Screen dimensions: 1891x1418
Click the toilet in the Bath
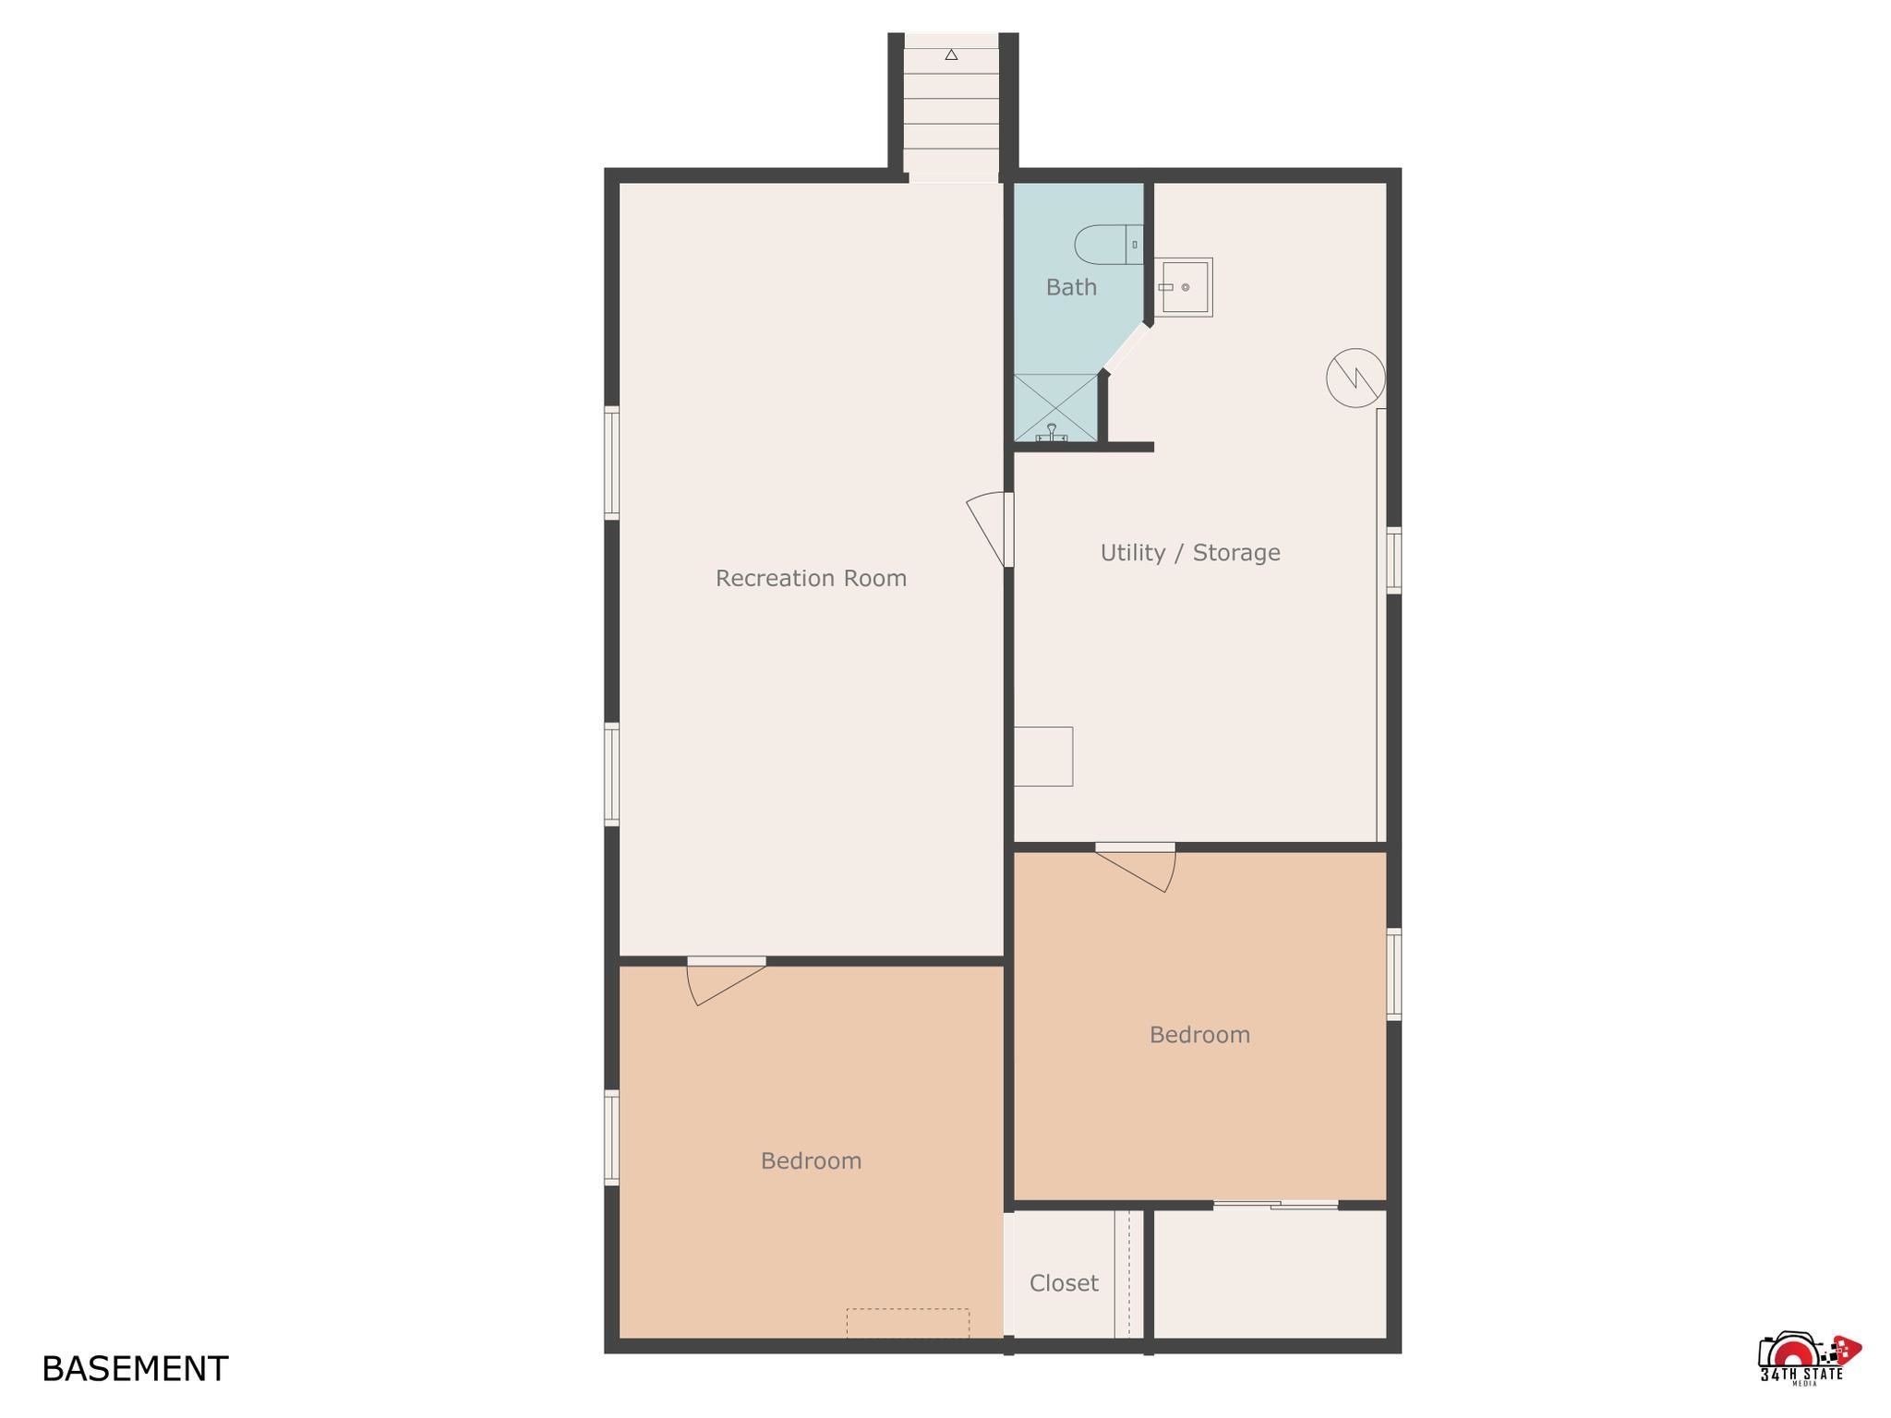pyautogui.click(x=1109, y=245)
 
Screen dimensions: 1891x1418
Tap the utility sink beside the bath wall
pyautogui.click(x=1183, y=287)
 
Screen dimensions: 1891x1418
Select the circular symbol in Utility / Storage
pyautogui.click(x=1355, y=378)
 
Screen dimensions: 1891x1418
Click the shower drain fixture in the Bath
pyautogui.click(x=1052, y=433)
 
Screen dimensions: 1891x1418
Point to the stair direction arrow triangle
pyautogui.click(x=951, y=55)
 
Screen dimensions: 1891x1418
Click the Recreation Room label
pyautogui.click(x=811, y=578)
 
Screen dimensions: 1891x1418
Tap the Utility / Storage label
pyautogui.click(x=1190, y=552)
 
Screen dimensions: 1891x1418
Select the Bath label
pyautogui.click(x=1071, y=287)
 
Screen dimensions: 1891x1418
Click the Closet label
pyautogui.click(x=1064, y=1282)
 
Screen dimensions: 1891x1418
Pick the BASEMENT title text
pyautogui.click(x=135, y=1368)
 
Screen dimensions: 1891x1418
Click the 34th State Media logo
pyautogui.click(x=1808, y=1358)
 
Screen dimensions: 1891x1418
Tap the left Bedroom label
pyautogui.click(x=811, y=1160)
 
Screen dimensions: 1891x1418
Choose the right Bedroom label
pyautogui.click(x=1199, y=1035)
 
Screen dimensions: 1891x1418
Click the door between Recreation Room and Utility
pyautogui.click(x=994, y=529)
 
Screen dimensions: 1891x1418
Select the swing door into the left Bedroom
pyautogui.click(x=727, y=982)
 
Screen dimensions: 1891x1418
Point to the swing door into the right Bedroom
pyautogui.click(x=1136, y=868)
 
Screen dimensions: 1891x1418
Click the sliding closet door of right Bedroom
pyautogui.click(x=1275, y=1205)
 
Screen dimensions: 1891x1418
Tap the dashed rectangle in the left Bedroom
pyautogui.click(x=908, y=1323)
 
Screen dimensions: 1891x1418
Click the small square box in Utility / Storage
pyautogui.click(x=1043, y=757)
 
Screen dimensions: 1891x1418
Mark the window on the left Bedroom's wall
pyautogui.click(x=611, y=1137)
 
